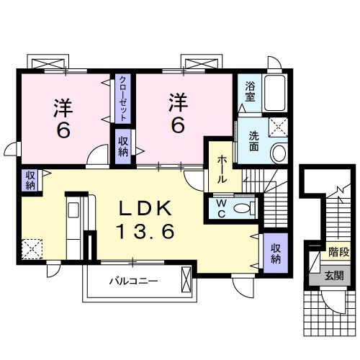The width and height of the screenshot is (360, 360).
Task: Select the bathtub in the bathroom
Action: [276, 93]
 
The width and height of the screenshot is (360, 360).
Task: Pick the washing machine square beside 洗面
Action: [278, 128]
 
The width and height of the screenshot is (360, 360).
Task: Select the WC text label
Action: [222, 208]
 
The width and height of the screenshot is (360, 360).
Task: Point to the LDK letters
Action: [146, 209]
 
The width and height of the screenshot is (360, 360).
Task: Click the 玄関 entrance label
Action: [333, 276]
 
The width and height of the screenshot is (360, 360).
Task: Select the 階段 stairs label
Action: [338, 252]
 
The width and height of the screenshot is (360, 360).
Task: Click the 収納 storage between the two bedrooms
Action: [122, 147]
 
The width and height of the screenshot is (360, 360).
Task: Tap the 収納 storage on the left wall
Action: [30, 179]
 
